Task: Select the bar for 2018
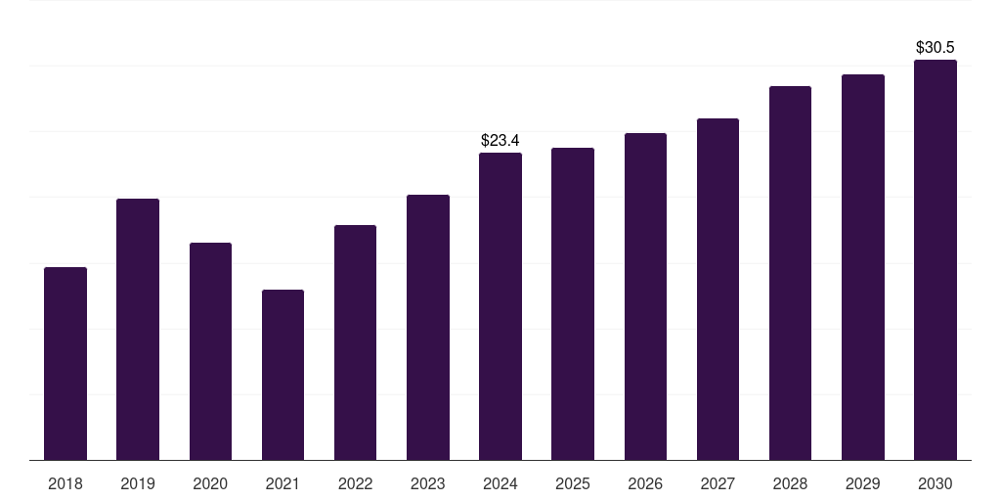pyautogui.click(x=65, y=364)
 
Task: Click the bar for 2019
pyautogui.click(x=138, y=329)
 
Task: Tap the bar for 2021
pyautogui.click(x=283, y=375)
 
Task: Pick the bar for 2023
pyautogui.click(x=428, y=327)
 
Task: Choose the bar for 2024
pyautogui.click(x=500, y=306)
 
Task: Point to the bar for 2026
pyautogui.click(x=645, y=296)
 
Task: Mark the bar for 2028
pyautogui.click(x=790, y=273)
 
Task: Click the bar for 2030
pyautogui.click(x=936, y=260)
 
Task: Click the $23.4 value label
pyautogui.click(x=500, y=140)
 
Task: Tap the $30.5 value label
pyautogui.click(x=936, y=47)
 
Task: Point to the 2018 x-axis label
pyautogui.click(x=65, y=483)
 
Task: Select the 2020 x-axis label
pyautogui.click(x=210, y=483)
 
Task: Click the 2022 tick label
pyautogui.click(x=355, y=483)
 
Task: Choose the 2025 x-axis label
pyautogui.click(x=573, y=483)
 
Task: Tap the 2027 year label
pyautogui.click(x=718, y=483)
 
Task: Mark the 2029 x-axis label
pyautogui.click(x=862, y=483)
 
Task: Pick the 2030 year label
pyautogui.click(x=936, y=483)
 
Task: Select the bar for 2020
pyautogui.click(x=210, y=351)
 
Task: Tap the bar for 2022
pyautogui.click(x=355, y=342)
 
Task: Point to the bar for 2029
pyautogui.click(x=863, y=267)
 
